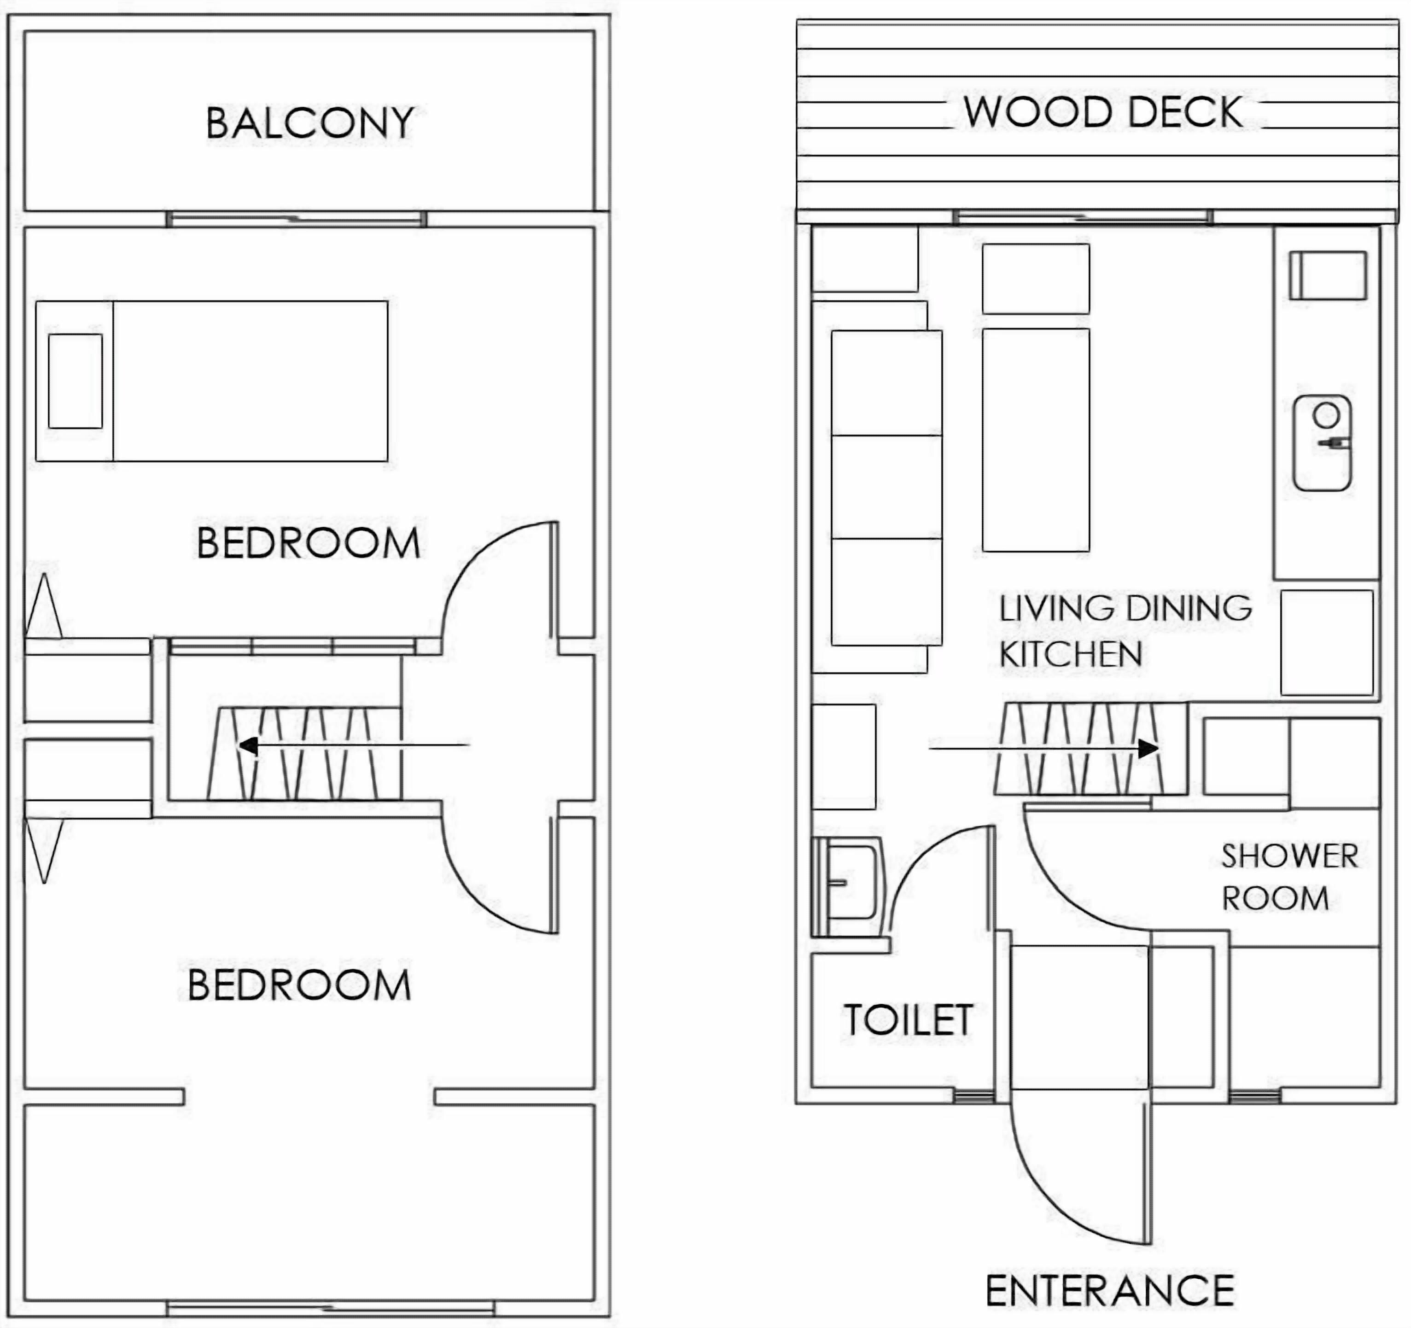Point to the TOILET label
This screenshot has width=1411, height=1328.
[909, 1020]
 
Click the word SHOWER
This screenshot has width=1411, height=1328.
[1289, 856]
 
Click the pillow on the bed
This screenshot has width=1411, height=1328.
[75, 381]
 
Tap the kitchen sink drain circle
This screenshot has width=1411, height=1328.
[1326, 415]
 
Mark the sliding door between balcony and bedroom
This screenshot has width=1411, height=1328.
[296, 219]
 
